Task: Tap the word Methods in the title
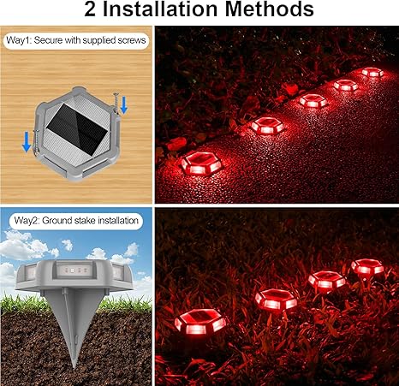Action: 270,9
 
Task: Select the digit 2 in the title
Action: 91,9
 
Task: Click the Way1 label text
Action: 76,40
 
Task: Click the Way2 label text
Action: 76,221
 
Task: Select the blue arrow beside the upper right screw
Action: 124,105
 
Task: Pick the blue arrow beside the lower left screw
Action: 27,142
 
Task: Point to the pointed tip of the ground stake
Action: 74,366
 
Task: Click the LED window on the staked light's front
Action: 73,270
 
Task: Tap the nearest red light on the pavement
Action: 202,163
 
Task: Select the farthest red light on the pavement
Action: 372,72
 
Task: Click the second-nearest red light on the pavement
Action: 267,126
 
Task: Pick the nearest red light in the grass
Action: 200,322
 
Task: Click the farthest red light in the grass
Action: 367,266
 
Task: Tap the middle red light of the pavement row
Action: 313,101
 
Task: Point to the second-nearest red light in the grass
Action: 277,300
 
